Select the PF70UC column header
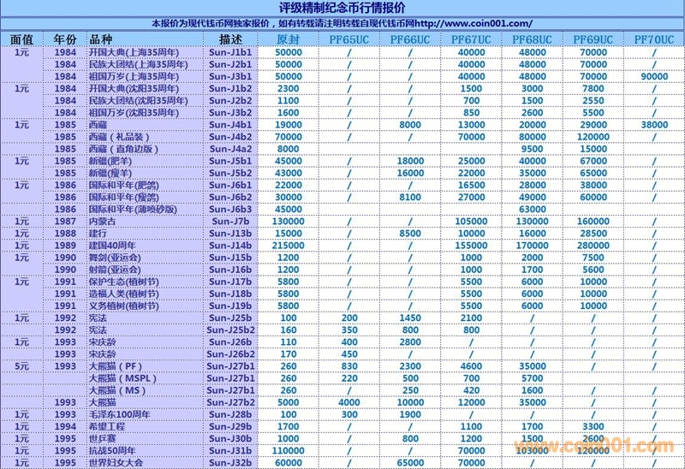653,40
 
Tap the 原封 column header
289,40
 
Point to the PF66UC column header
410,40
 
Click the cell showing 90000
653,76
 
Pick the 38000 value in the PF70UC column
653,124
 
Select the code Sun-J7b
230,221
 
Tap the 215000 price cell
289,245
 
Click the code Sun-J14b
230,245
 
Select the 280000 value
593,245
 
